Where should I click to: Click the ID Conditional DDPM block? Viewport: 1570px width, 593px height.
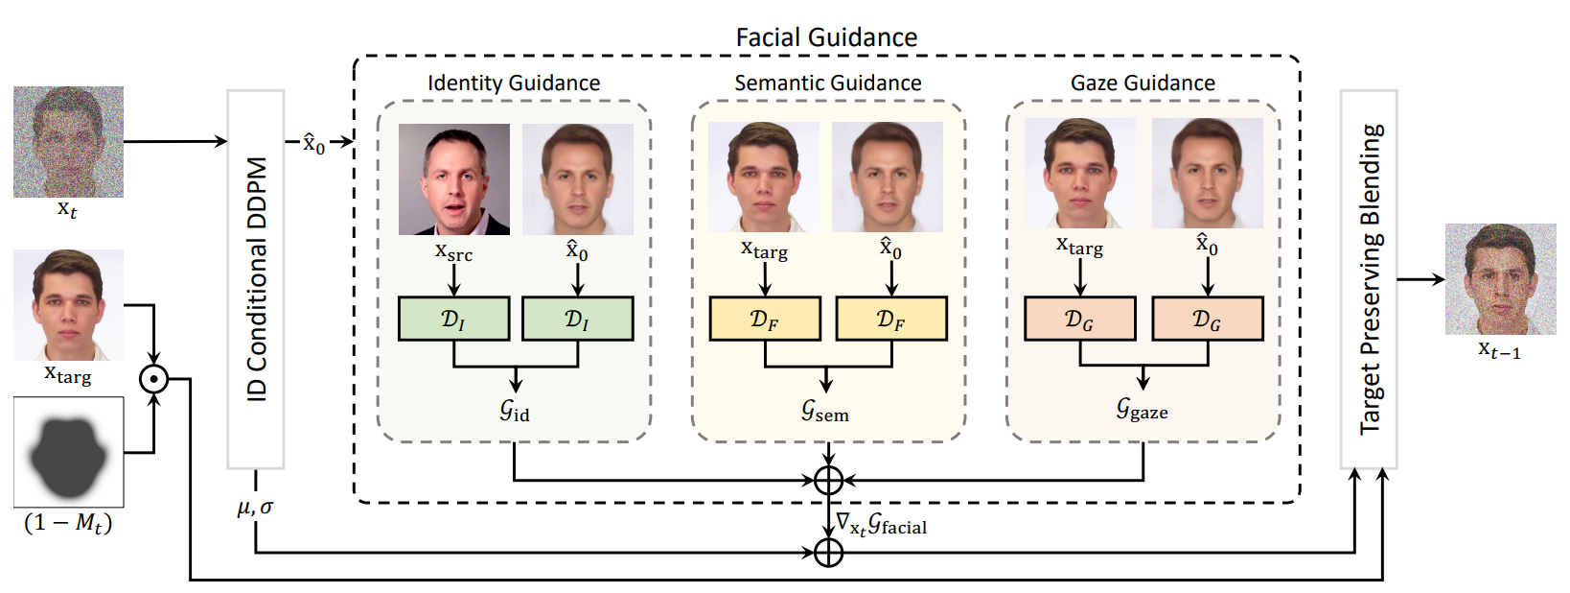click(x=256, y=279)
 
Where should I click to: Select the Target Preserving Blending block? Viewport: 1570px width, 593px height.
click(x=1369, y=279)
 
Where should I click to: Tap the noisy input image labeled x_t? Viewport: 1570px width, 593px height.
click(x=69, y=142)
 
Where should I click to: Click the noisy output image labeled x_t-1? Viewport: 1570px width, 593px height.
click(x=1501, y=279)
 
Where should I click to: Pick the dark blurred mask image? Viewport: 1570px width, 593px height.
click(x=69, y=452)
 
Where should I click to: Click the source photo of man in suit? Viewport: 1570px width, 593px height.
click(x=454, y=178)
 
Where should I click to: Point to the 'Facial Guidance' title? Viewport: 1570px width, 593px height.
click(x=826, y=37)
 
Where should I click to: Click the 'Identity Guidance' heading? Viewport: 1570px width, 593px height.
click(x=514, y=83)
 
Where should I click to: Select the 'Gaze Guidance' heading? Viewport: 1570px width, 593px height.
click(x=1143, y=83)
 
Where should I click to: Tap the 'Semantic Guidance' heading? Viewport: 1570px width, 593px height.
click(x=828, y=83)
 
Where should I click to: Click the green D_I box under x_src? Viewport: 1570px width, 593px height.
click(x=454, y=319)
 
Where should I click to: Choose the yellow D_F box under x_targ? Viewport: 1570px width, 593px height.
click(x=765, y=319)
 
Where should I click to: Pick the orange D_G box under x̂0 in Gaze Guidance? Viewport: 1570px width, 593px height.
click(x=1208, y=319)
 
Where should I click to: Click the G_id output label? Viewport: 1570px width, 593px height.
click(x=515, y=410)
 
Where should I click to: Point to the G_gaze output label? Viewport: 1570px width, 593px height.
click(x=1142, y=409)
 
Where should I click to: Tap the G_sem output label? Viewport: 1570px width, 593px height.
click(x=825, y=411)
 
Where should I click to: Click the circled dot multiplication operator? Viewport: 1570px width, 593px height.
click(x=154, y=380)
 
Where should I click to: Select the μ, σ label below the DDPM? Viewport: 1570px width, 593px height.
click(x=255, y=507)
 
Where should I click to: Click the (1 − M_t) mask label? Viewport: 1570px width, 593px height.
click(x=68, y=523)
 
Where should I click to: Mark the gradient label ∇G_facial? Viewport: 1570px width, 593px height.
click(x=881, y=525)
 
